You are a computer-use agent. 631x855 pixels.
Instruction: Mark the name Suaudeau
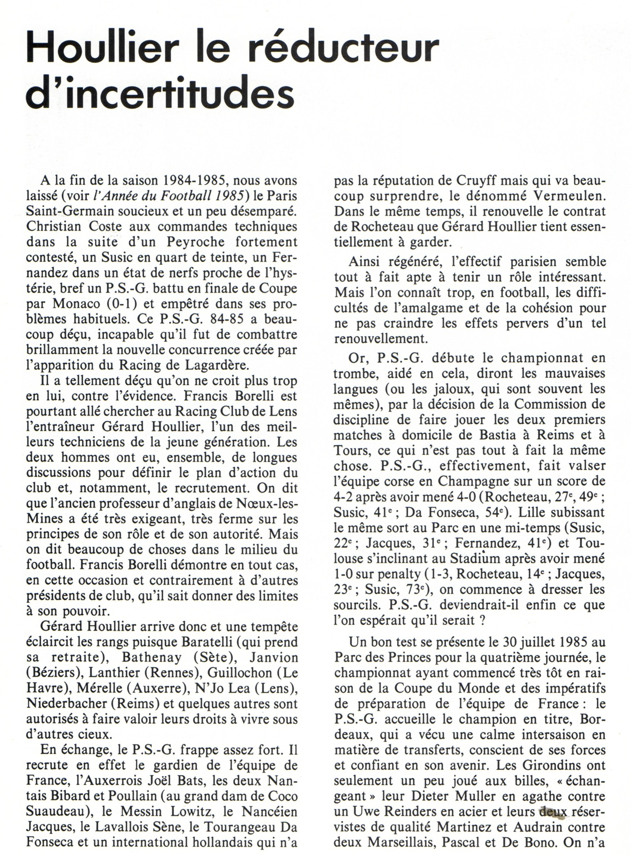tap(55, 812)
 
